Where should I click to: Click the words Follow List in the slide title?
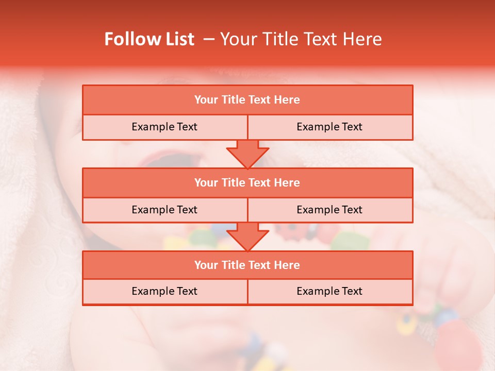pyautogui.click(x=149, y=39)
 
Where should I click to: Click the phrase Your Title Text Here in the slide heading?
pyautogui.click(x=301, y=39)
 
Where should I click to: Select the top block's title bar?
pyautogui.click(x=247, y=100)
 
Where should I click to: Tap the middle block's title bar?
pyautogui.click(x=247, y=183)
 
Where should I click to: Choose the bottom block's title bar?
pyautogui.click(x=247, y=265)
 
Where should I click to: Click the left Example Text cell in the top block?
pyautogui.click(x=165, y=127)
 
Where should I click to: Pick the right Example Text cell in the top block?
pyautogui.click(x=330, y=127)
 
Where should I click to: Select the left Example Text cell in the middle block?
pyautogui.click(x=165, y=210)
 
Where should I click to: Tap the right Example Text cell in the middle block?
pyautogui.click(x=330, y=210)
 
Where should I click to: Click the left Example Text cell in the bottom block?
pyautogui.click(x=165, y=292)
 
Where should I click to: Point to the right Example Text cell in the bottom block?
pyautogui.click(x=330, y=292)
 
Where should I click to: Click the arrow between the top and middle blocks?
pyautogui.click(x=247, y=155)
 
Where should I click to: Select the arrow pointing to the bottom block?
pyautogui.click(x=247, y=237)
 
